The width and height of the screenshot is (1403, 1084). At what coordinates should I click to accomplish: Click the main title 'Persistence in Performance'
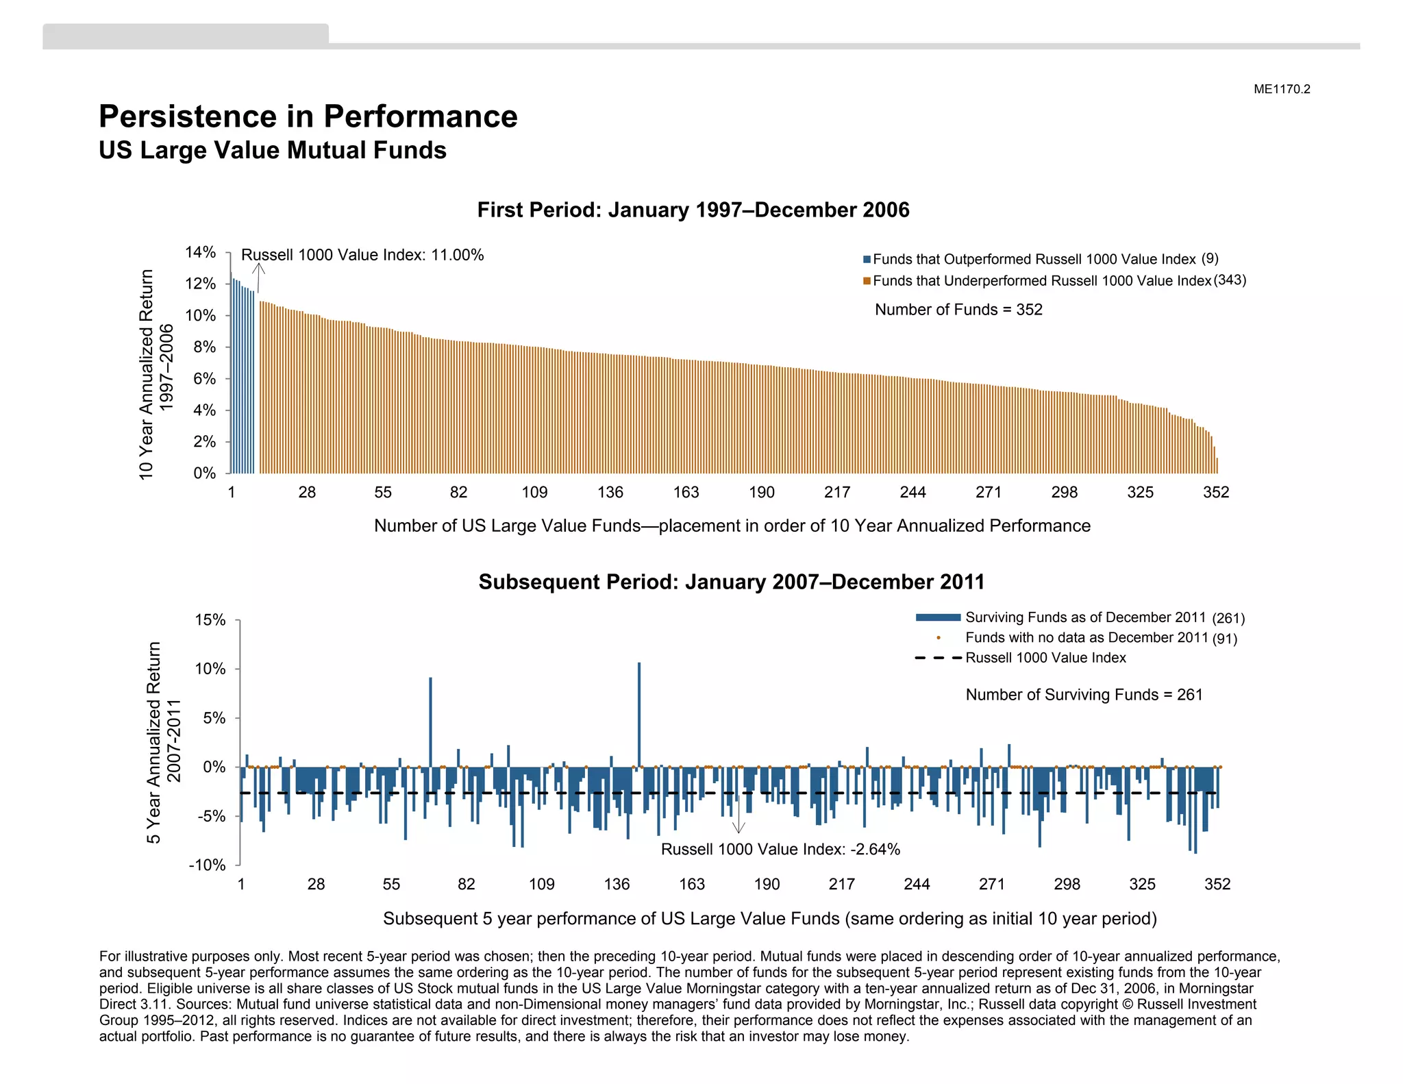[308, 116]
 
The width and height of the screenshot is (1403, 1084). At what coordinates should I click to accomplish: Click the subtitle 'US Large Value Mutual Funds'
[272, 151]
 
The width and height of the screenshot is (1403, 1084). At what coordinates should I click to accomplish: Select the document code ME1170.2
[1281, 89]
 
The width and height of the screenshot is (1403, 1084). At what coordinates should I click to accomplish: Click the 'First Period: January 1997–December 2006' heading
[693, 210]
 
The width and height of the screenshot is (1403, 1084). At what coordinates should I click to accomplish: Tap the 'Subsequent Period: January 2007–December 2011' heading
[731, 582]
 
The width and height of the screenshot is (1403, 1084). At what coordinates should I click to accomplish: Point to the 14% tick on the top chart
[200, 252]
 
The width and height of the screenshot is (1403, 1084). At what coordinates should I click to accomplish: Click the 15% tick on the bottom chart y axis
[210, 620]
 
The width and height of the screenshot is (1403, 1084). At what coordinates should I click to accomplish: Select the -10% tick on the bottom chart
[208, 865]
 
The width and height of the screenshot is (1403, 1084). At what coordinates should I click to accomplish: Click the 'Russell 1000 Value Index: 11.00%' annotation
[362, 255]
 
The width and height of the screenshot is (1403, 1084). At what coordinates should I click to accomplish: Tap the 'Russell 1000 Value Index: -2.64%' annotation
[780, 850]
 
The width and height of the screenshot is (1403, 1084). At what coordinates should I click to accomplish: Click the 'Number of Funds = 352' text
[958, 310]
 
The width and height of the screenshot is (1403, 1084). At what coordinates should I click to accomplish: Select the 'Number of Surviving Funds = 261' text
[1084, 695]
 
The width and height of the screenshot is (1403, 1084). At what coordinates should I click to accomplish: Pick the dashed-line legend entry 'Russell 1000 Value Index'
[1045, 658]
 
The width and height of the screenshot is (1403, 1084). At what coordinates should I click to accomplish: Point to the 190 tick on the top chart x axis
[761, 493]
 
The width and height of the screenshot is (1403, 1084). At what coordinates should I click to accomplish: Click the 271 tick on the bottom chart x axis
[991, 885]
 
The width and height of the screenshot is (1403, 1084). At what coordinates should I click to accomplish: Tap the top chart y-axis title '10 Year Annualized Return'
[146, 373]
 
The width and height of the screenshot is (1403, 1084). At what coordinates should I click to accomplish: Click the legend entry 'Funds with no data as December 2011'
[1086, 638]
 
